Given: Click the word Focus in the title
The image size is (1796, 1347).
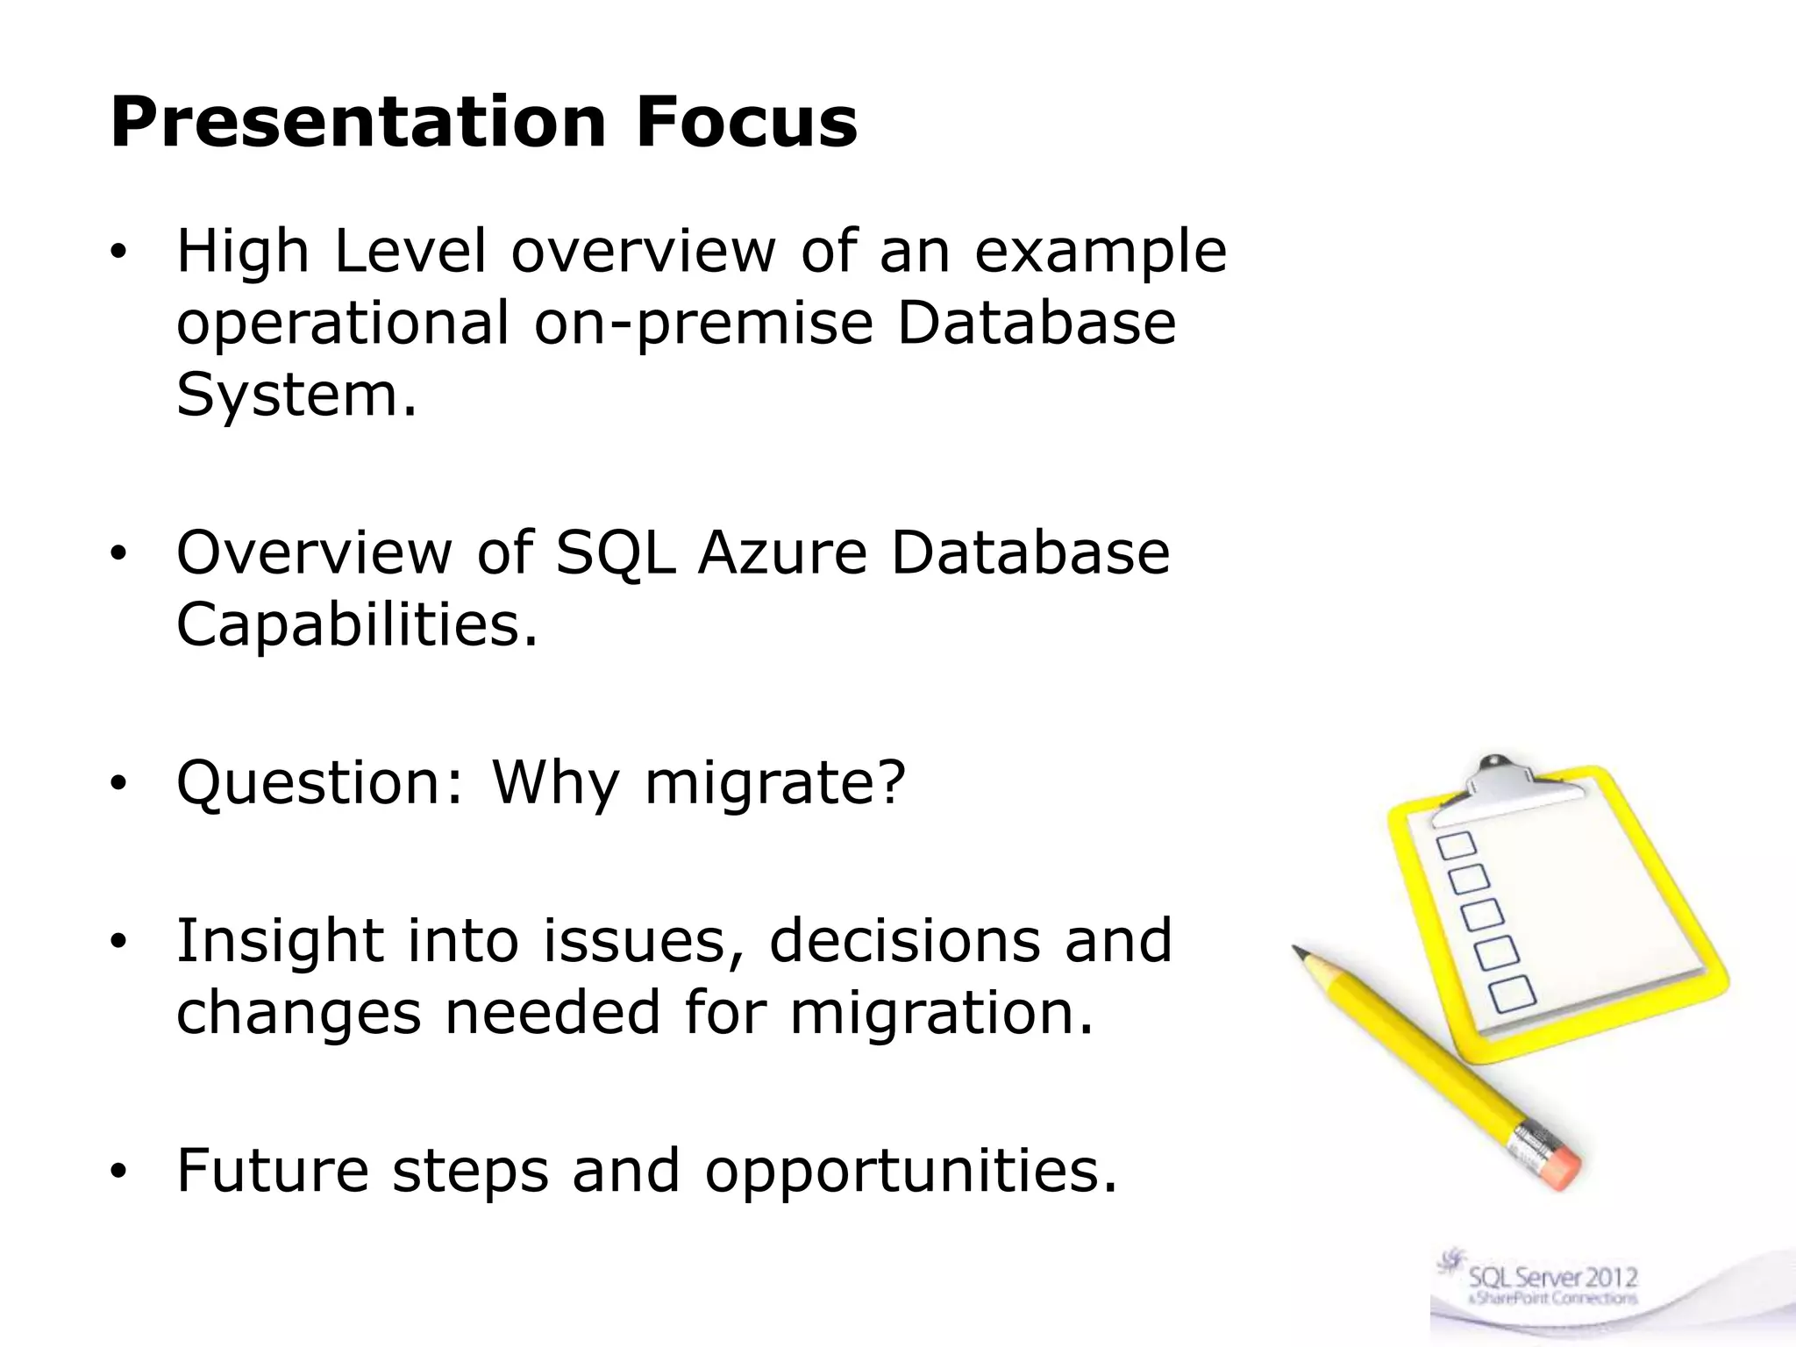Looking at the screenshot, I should pos(746,123).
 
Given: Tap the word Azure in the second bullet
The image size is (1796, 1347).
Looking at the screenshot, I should pos(782,553).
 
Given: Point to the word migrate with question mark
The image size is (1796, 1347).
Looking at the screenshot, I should pos(774,783).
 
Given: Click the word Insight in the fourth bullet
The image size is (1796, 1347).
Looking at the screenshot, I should pos(280,941).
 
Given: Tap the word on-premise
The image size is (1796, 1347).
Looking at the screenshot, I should pos(703,323).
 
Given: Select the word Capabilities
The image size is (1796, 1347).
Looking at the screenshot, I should pos(356,625).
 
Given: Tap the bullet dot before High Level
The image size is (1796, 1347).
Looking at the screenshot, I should pos(119,253).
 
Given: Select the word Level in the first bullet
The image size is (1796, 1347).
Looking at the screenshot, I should pos(410,253).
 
